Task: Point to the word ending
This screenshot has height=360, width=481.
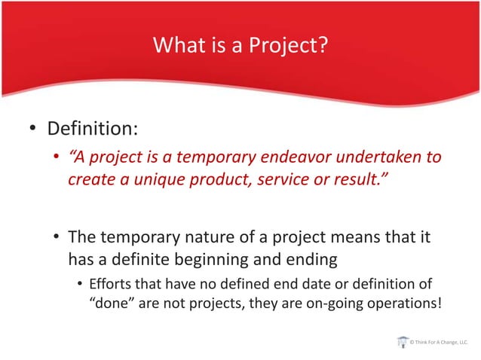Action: click(x=310, y=260)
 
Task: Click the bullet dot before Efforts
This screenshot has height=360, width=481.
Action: click(x=78, y=286)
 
